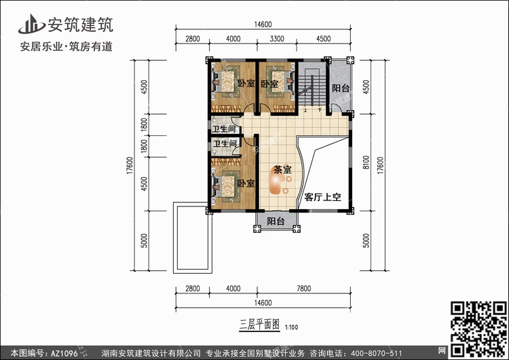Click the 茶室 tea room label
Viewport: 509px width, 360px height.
(282, 170)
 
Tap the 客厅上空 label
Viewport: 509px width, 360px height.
(322, 197)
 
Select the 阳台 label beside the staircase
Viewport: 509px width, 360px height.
(341, 88)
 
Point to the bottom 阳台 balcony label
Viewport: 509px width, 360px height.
(276, 221)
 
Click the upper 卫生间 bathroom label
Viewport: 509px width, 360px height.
(224, 129)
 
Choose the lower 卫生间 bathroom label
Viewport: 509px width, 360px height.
(225, 143)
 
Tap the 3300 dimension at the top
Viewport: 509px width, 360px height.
(277, 39)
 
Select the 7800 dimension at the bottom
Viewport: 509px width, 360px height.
(303, 288)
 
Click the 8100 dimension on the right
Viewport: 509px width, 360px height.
(366, 162)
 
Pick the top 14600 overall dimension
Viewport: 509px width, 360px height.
(263, 24)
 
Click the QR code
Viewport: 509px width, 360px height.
(479, 329)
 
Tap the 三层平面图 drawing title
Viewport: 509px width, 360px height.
(259, 324)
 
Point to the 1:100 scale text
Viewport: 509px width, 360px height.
(292, 327)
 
